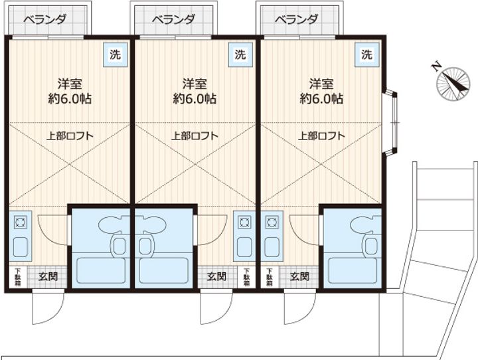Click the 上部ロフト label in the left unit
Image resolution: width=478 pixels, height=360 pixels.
pyautogui.click(x=69, y=135)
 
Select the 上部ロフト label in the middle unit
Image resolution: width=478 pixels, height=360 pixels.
pyautogui.click(x=195, y=135)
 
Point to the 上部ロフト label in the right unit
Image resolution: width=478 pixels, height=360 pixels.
pyautogui.click(x=321, y=135)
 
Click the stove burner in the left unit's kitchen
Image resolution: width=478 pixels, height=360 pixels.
pyautogui.click(x=19, y=221)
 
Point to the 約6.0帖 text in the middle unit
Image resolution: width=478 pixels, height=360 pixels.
pyautogui.click(x=195, y=100)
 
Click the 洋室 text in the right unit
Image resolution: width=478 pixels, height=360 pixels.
pyautogui.click(x=321, y=84)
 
